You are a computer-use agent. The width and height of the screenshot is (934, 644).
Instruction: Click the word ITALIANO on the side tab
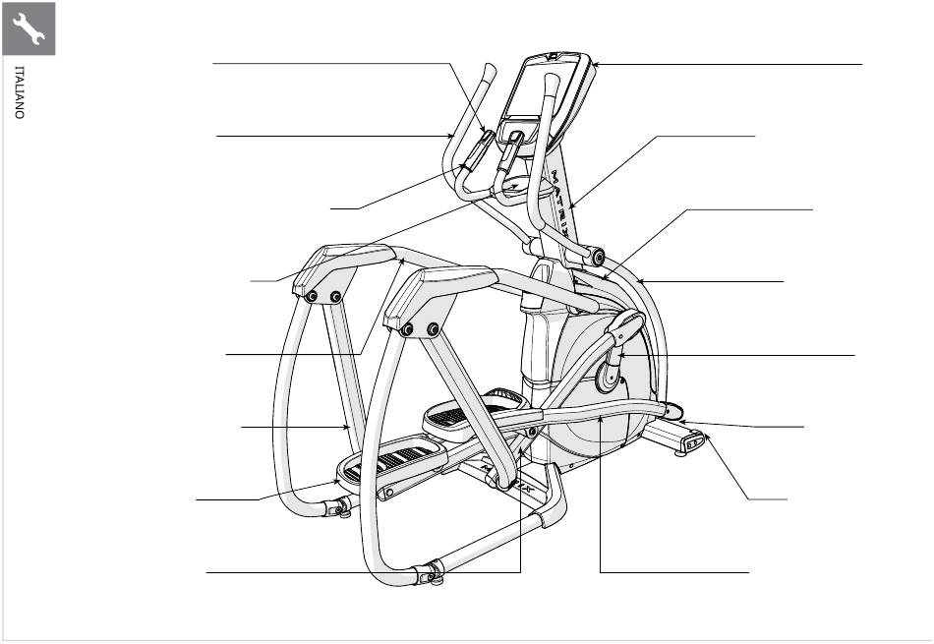[20, 92]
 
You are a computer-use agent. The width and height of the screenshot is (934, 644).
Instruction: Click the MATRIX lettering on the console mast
[564, 205]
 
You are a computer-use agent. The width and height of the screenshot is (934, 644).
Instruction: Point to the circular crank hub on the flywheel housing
[608, 377]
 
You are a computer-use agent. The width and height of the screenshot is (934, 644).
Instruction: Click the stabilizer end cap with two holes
[694, 442]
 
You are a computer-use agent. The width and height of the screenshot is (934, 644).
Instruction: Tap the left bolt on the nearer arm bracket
[408, 329]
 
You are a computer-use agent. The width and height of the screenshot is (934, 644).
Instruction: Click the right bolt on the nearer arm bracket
[433, 328]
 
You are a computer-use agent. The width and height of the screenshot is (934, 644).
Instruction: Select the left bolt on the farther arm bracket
[311, 297]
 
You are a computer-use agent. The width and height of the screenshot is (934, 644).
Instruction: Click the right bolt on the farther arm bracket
[335, 296]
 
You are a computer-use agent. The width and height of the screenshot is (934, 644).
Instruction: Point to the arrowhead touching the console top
[596, 64]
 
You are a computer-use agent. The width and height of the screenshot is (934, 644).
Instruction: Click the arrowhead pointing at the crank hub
[621, 355]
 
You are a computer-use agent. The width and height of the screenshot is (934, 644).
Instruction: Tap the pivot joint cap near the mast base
[598, 258]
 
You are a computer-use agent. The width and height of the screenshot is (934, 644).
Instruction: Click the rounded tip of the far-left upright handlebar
[491, 69]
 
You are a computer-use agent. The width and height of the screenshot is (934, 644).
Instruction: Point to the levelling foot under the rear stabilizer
[680, 453]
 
